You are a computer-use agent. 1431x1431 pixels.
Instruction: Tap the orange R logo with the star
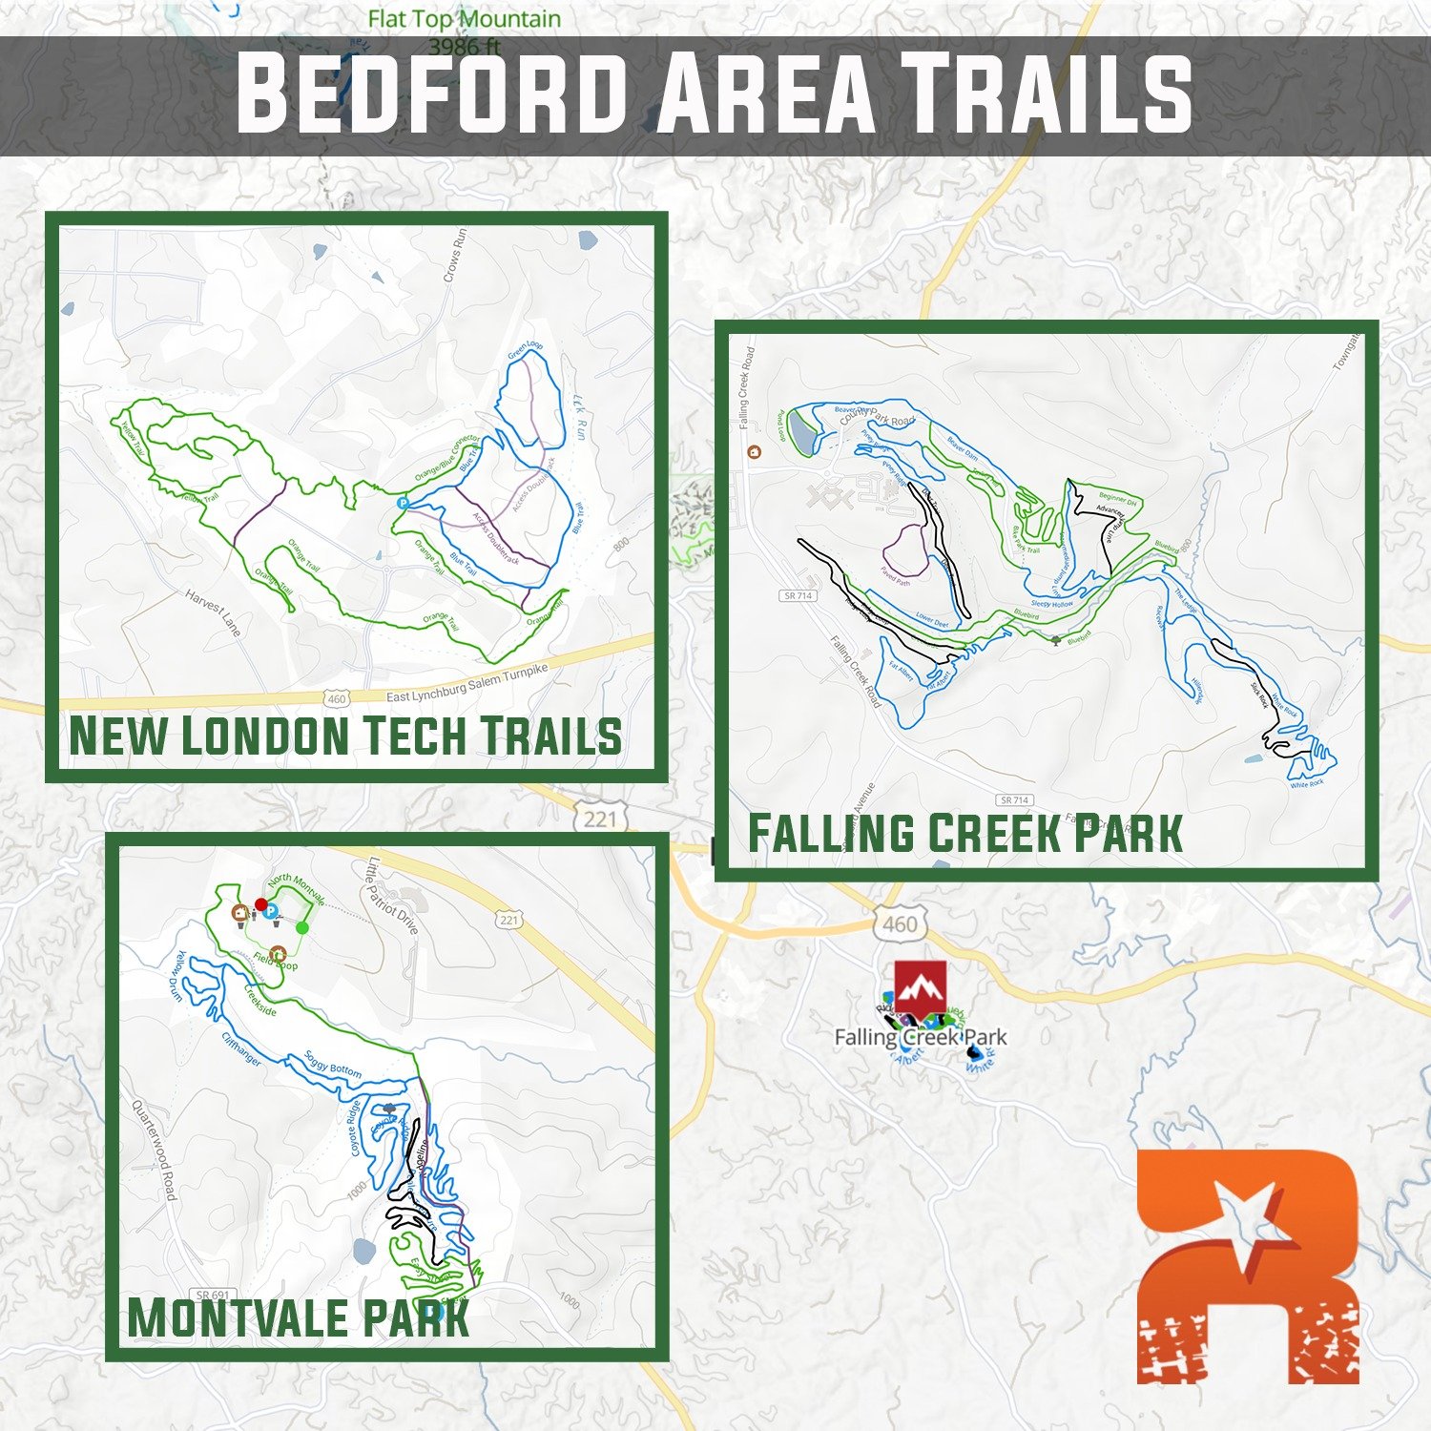1248,1265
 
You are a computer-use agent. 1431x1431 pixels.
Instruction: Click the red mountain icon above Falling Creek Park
920,989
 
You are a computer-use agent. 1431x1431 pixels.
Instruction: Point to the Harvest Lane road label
213,612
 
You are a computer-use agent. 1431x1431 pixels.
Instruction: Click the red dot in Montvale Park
260,903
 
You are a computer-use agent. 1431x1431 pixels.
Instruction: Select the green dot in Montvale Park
302,927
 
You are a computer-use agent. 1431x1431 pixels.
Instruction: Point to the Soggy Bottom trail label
333,1064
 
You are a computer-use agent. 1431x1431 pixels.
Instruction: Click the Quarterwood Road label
154,1151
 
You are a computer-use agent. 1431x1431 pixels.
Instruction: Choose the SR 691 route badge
212,1295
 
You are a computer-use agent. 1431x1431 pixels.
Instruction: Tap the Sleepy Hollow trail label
1052,604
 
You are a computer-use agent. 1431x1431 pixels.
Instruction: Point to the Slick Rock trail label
1259,695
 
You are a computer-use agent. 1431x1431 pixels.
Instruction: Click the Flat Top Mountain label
464,19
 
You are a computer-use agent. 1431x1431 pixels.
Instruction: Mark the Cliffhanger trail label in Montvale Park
241,1048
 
